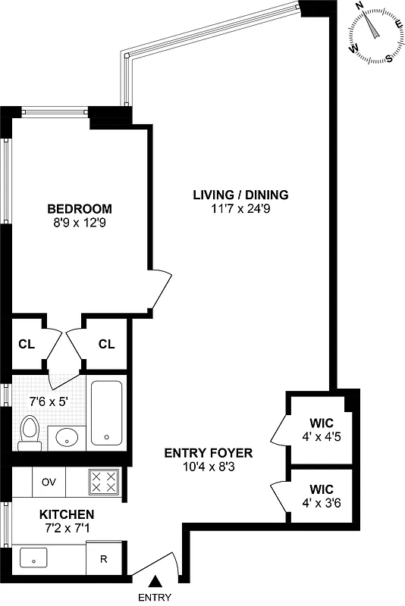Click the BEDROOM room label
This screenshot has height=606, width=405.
tap(80, 209)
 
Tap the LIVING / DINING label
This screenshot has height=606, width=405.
tap(240, 195)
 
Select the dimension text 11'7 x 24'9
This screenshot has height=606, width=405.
tap(240, 209)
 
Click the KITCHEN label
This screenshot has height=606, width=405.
tap(67, 514)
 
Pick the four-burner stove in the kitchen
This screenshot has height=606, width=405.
tap(104, 481)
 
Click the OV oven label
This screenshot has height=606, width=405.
tap(49, 482)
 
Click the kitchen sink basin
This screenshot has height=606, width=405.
tap(35, 560)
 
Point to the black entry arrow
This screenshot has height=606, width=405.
tap(155, 581)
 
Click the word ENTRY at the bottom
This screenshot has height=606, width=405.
tap(155, 598)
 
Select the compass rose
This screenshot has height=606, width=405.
tap(374, 32)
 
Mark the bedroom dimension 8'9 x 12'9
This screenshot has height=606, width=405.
tap(80, 223)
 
